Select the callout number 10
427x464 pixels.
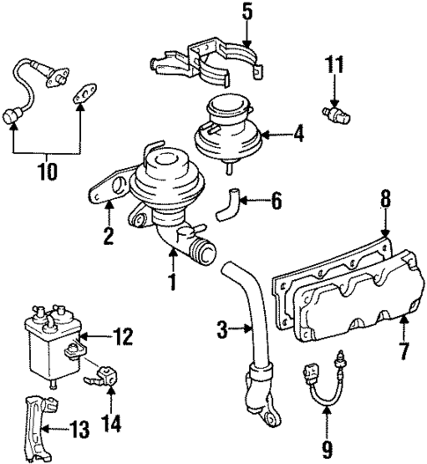click(47, 169)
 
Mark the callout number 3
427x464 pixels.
click(224, 331)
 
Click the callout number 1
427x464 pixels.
click(173, 284)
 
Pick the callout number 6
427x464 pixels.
click(275, 202)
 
